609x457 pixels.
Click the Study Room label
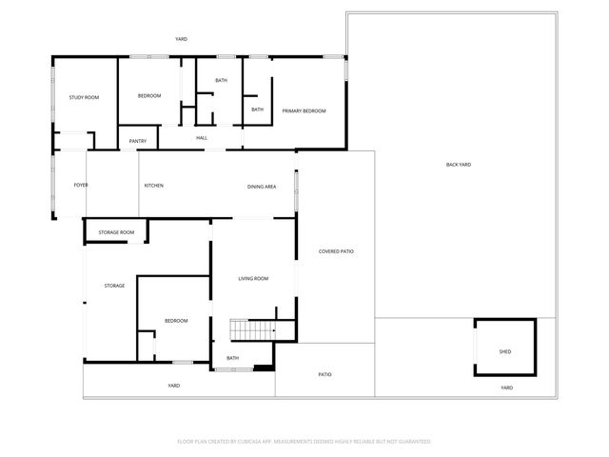(x=84, y=97)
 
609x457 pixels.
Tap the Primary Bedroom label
(x=304, y=111)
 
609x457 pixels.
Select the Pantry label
(x=138, y=142)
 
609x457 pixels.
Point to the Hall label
(x=202, y=138)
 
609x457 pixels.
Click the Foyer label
(x=81, y=185)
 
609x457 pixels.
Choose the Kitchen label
(x=154, y=185)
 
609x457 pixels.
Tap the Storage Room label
(x=116, y=232)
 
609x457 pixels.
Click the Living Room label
(x=253, y=278)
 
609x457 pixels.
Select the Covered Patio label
(x=336, y=251)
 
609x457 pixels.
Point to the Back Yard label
(x=459, y=165)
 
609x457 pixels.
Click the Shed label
(x=504, y=352)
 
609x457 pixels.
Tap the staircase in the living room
(x=252, y=330)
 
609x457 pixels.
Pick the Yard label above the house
(x=181, y=39)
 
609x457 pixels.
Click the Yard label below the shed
(x=506, y=387)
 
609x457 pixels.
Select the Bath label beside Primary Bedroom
(x=257, y=109)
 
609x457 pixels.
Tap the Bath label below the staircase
(x=233, y=358)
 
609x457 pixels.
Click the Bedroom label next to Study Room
(x=149, y=95)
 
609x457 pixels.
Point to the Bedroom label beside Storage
(x=176, y=321)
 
